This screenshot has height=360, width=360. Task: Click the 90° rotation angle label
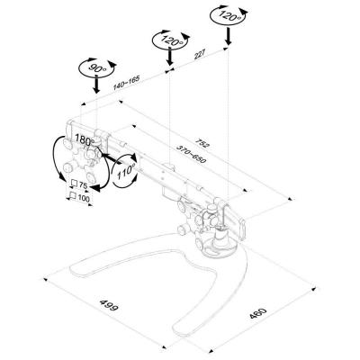(94, 68)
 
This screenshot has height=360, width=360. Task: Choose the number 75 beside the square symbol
(83, 185)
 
